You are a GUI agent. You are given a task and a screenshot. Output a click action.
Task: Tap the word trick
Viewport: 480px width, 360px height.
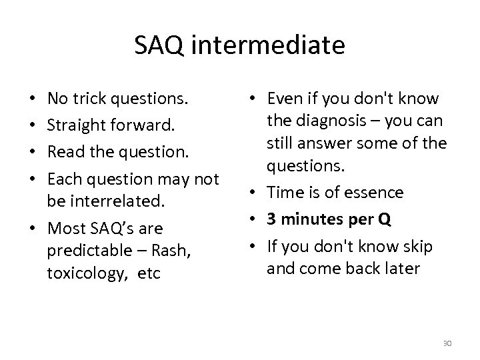point(96,99)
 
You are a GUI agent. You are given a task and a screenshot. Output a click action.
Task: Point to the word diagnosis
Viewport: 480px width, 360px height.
point(325,121)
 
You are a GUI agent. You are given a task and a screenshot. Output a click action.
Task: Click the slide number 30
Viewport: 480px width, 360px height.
point(447,343)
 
